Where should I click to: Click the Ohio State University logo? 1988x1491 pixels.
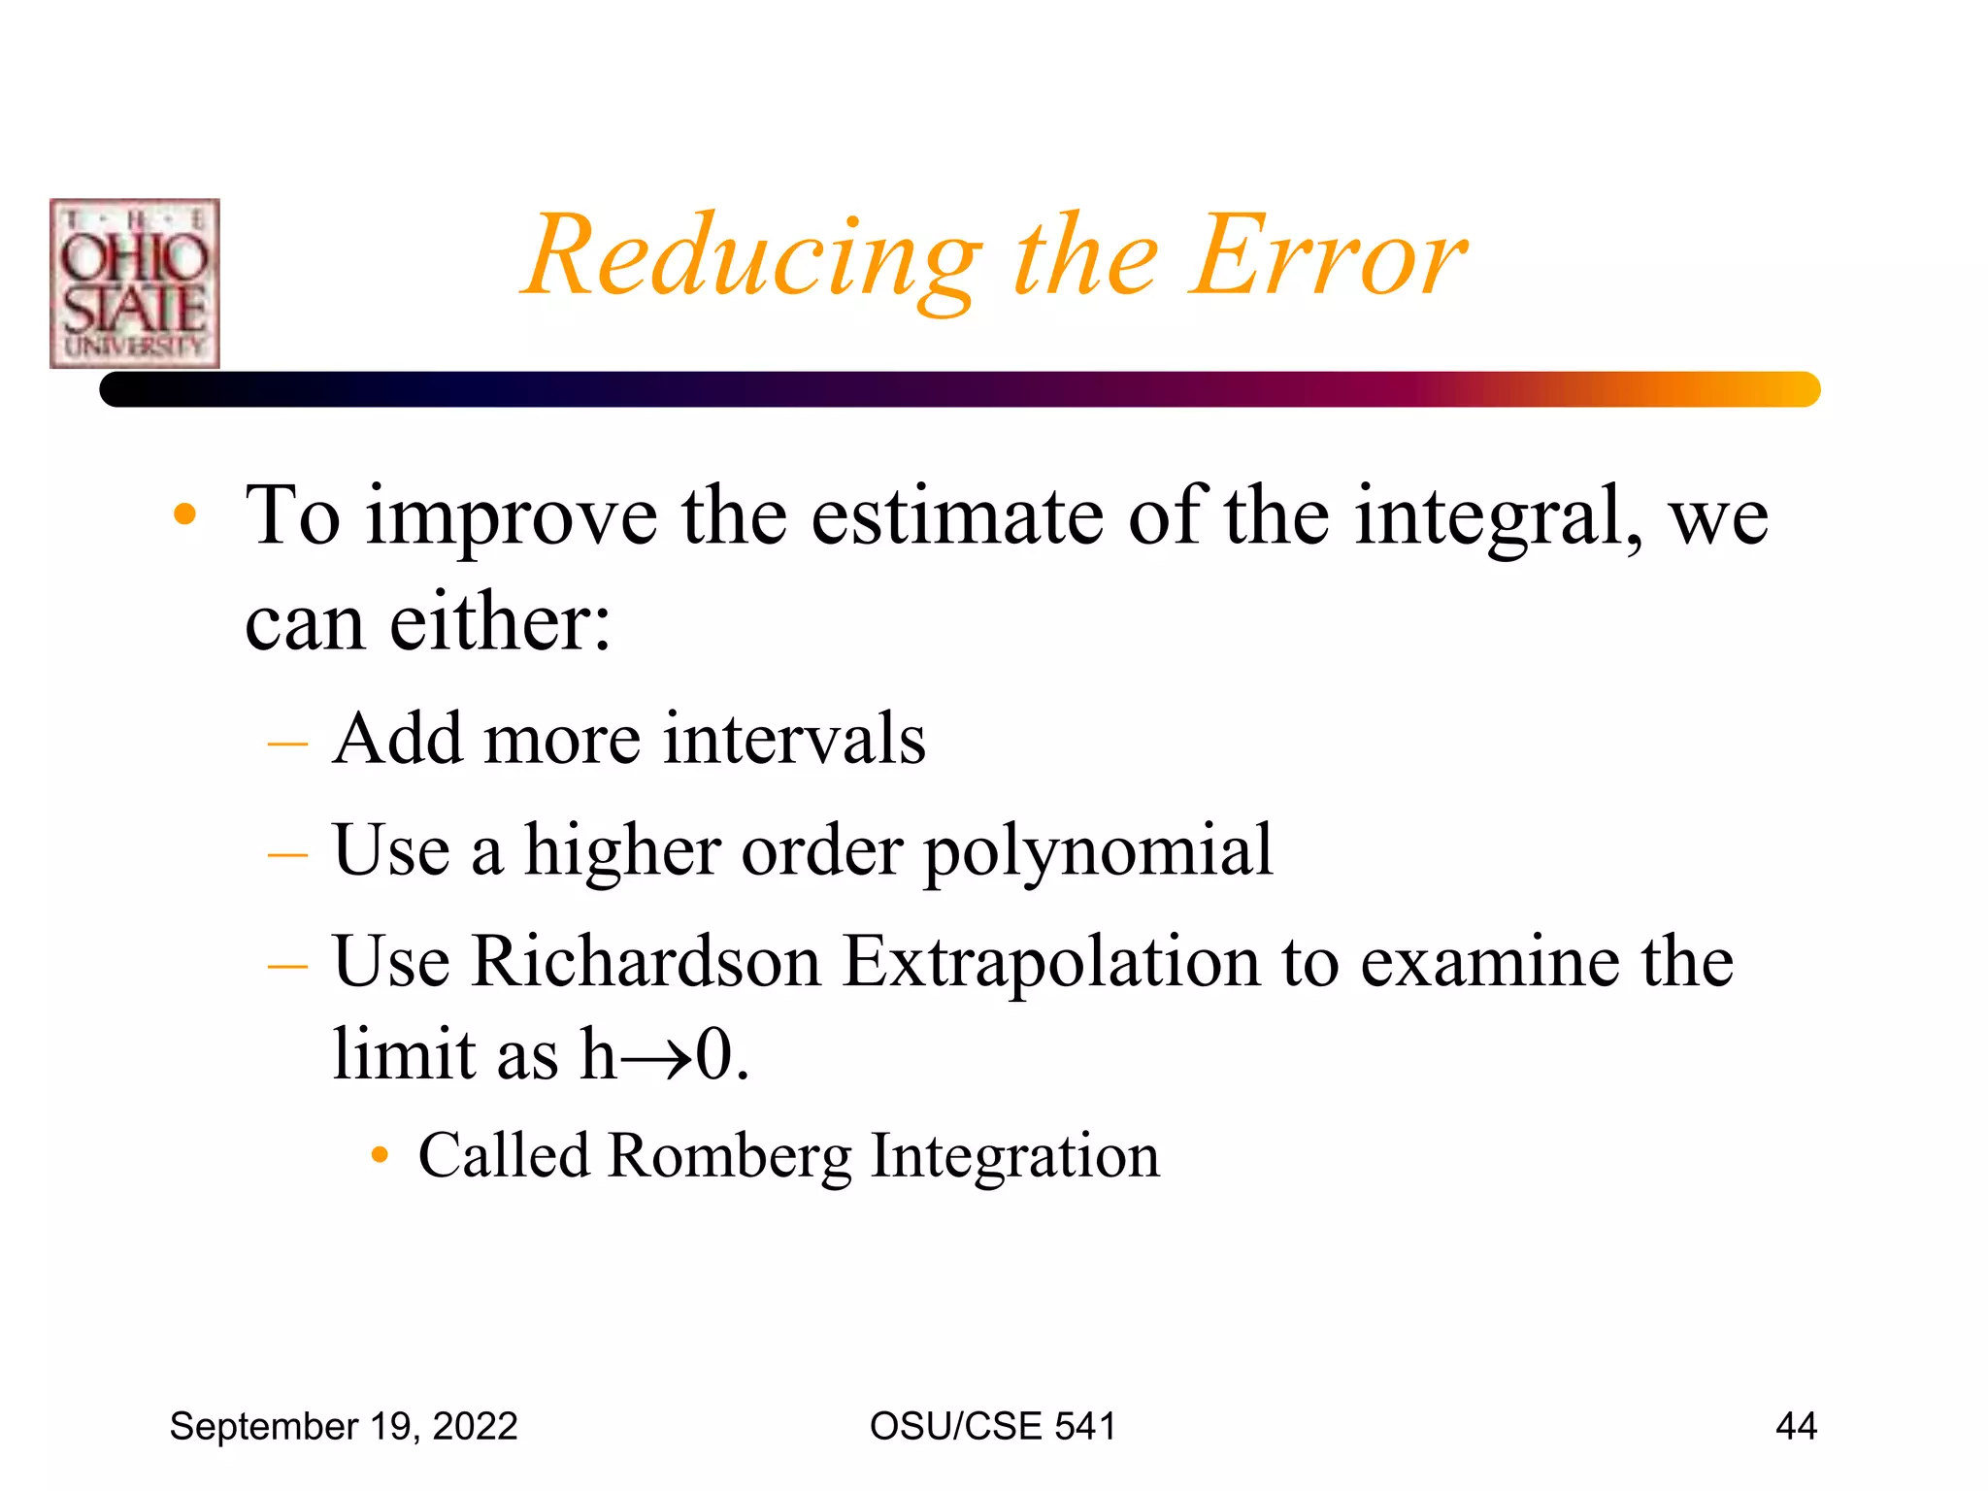pyautogui.click(x=135, y=283)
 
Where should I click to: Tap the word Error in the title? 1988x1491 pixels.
pyautogui.click(x=1330, y=256)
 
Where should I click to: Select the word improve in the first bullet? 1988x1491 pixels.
pyautogui.click(x=512, y=518)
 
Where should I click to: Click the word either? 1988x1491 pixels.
pyautogui.click(x=500, y=622)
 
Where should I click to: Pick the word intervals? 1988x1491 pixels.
pyautogui.click(x=794, y=740)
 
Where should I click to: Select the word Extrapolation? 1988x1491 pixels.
pyautogui.click(x=1051, y=962)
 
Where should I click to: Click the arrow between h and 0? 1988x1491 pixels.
pyautogui.click(x=656, y=1057)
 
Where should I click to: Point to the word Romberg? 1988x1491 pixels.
pyautogui.click(x=730, y=1156)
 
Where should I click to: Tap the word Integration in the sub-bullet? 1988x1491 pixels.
pyautogui.click(x=1014, y=1156)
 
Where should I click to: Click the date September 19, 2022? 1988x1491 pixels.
pyautogui.click(x=344, y=1426)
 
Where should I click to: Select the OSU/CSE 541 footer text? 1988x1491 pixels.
pyautogui.click(x=992, y=1426)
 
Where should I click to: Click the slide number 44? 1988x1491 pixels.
pyautogui.click(x=1796, y=1426)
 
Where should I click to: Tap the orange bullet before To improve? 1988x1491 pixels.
pyautogui.click(x=184, y=514)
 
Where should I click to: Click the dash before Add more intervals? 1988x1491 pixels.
pyautogui.click(x=287, y=745)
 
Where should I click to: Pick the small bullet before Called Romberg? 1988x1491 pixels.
pyautogui.click(x=381, y=1155)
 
